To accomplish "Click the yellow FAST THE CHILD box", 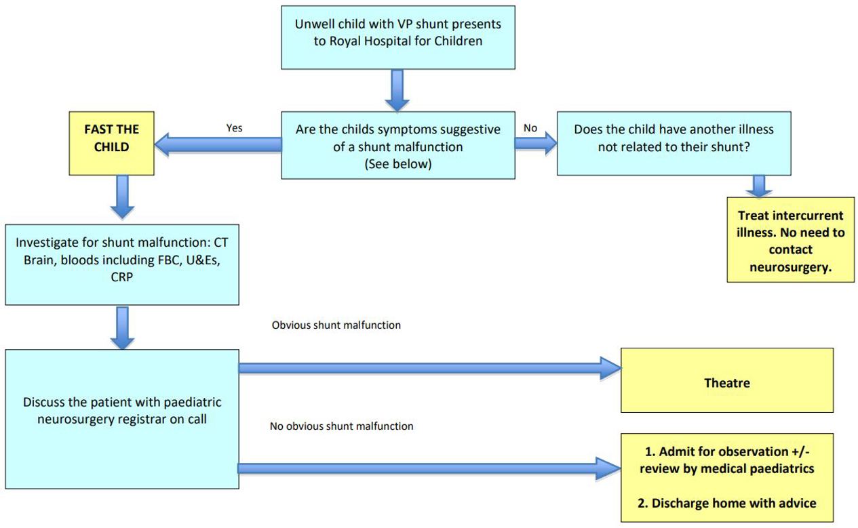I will [x=111, y=138].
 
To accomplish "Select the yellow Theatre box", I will [x=726, y=382].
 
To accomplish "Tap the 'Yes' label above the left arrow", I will [x=234, y=127].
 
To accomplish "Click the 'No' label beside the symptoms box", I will [x=530, y=127].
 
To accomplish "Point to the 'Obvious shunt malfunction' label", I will [x=336, y=325].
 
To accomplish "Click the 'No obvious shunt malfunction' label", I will [x=341, y=426].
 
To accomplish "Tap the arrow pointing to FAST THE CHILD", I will [x=217, y=144].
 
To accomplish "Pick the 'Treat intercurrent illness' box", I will [x=790, y=241].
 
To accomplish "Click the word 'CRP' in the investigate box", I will [x=121, y=277].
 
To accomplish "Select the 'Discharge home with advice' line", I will [x=726, y=503].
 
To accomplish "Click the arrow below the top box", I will [x=397, y=89].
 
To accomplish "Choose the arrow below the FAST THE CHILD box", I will [x=122, y=196].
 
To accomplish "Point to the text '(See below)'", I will [x=397, y=163].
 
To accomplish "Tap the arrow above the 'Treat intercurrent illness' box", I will [x=758, y=186].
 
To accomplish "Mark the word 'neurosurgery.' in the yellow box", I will [x=790, y=268].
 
